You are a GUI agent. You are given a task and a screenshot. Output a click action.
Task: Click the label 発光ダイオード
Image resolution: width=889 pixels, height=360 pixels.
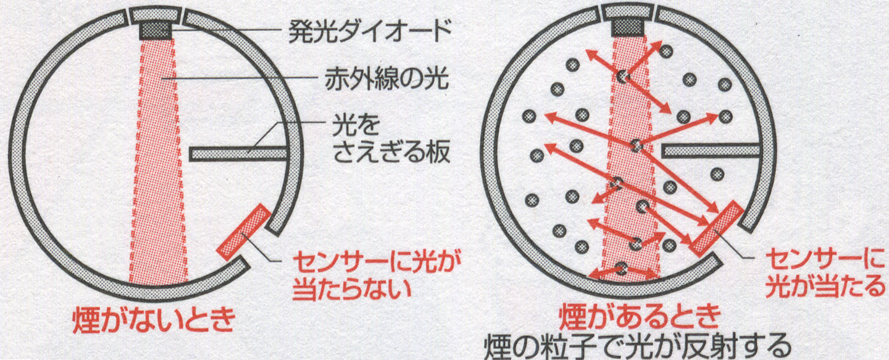[x=370, y=31]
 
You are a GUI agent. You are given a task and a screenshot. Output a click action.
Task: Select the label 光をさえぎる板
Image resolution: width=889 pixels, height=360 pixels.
[x=391, y=138]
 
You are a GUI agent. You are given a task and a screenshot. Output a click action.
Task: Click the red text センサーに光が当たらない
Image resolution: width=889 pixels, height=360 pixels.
[x=372, y=276]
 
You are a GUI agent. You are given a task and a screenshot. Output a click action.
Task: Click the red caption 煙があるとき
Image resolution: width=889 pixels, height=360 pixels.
[x=640, y=316]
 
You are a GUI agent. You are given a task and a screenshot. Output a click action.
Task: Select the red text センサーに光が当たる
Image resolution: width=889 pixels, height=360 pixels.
[x=825, y=272]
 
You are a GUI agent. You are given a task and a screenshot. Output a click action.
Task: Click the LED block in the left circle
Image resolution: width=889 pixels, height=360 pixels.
[x=156, y=30]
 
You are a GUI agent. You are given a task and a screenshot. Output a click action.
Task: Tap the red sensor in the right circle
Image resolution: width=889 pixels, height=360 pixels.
[x=716, y=229]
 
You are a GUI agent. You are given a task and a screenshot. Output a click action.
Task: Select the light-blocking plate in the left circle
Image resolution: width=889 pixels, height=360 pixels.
[x=238, y=154]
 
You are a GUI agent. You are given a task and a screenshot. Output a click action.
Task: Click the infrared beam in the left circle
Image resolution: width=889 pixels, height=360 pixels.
[x=158, y=159]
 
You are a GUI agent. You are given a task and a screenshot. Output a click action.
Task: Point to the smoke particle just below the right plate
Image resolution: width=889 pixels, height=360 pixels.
[x=717, y=174]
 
